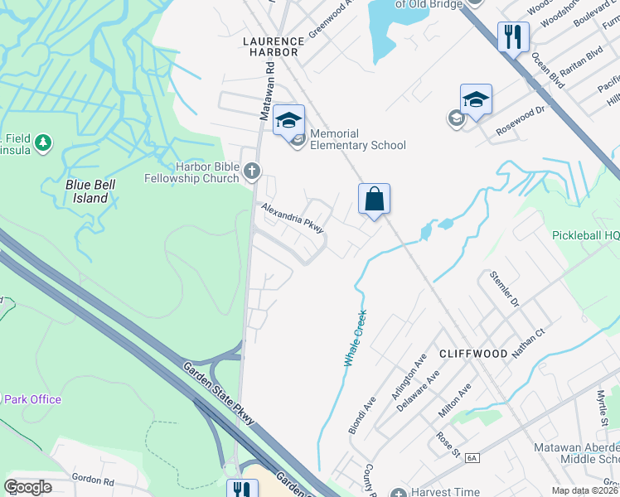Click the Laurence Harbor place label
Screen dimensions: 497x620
(270, 46)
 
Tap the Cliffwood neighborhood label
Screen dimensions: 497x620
(472, 354)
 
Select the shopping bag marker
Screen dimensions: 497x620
(374, 200)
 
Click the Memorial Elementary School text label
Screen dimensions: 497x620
(358, 139)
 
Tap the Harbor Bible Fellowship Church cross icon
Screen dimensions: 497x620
(253, 171)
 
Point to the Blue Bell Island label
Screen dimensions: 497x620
(90, 191)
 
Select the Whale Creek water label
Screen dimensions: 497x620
(354, 339)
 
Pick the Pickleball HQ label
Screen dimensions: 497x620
(585, 235)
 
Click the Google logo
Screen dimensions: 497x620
(27, 487)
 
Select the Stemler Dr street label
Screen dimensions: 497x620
(503, 287)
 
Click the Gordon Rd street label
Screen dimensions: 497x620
(92, 480)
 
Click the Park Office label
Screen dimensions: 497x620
(31, 399)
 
